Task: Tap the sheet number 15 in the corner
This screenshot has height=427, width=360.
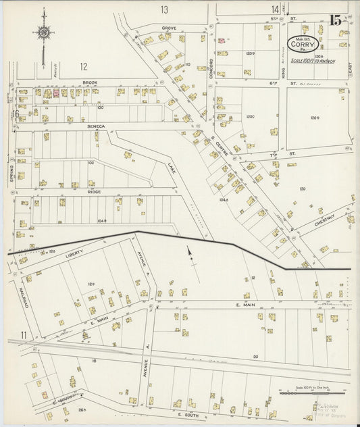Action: pyautogui.click(x=335, y=20)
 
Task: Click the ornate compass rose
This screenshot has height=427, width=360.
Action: pyautogui.click(x=43, y=32)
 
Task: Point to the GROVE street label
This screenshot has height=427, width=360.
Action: pyautogui.click(x=168, y=28)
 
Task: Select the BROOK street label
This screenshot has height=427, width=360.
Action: pyautogui.click(x=91, y=82)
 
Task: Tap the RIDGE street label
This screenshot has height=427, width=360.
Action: pyautogui.click(x=94, y=192)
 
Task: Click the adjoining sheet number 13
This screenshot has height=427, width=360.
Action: pyautogui.click(x=164, y=9)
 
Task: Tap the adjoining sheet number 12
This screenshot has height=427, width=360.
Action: pyautogui.click(x=83, y=66)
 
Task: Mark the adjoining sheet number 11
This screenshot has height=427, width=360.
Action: pyautogui.click(x=24, y=334)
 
